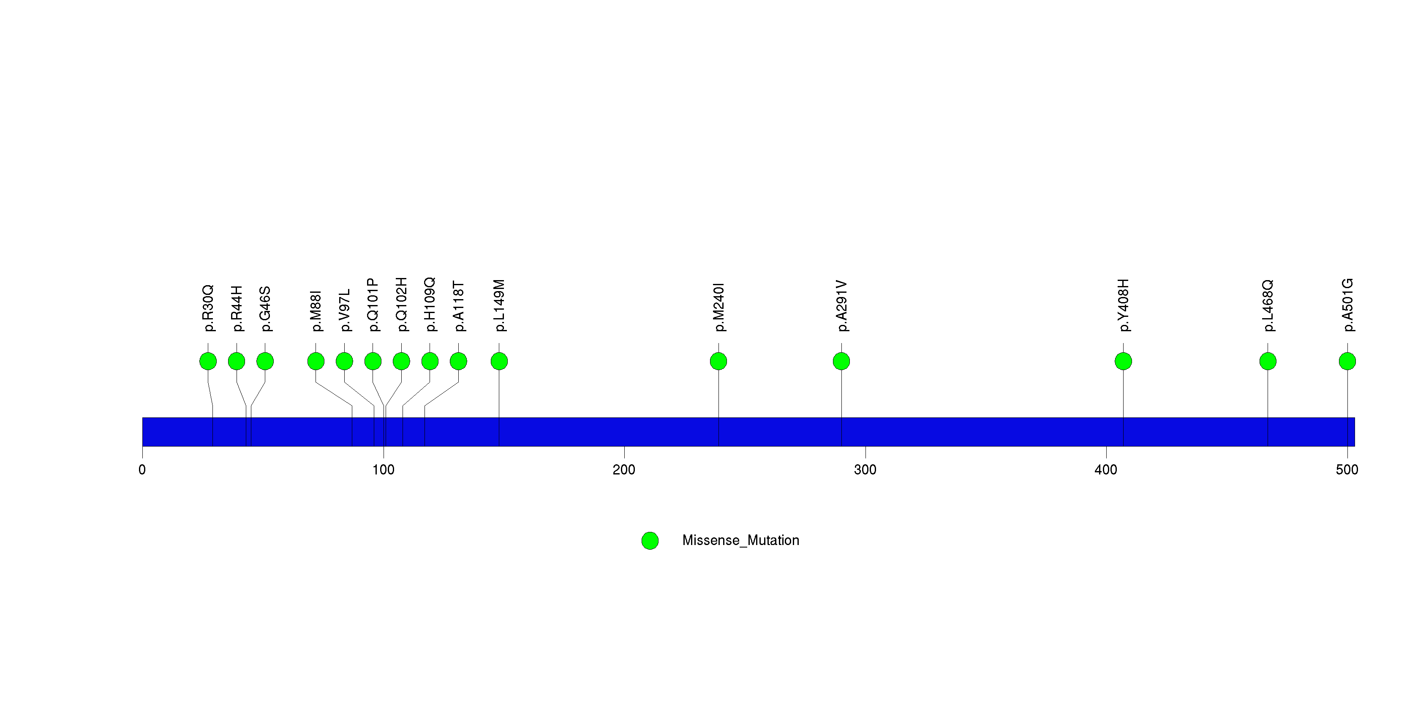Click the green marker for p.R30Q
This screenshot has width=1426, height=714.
pyautogui.click(x=208, y=361)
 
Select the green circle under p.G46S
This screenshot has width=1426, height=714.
pyautogui.click(x=265, y=361)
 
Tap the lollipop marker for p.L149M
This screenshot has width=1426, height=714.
pyautogui.click(x=499, y=361)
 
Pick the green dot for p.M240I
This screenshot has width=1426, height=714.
pyautogui.click(x=718, y=361)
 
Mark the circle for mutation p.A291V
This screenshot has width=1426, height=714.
pyautogui.click(x=841, y=361)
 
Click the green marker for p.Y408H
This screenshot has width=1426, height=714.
pyautogui.click(x=1123, y=361)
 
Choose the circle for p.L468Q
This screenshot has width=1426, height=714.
pyautogui.click(x=1268, y=361)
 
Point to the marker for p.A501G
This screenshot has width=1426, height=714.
pyautogui.click(x=1347, y=361)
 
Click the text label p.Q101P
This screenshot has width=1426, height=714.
pyautogui.click(x=373, y=305)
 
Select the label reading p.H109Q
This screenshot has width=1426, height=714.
pyautogui.click(x=430, y=305)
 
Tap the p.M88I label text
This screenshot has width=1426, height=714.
pyautogui.click(x=316, y=311)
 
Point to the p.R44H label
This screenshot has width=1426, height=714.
pyautogui.click(x=237, y=309)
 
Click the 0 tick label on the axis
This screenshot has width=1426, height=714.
pyautogui.click(x=142, y=470)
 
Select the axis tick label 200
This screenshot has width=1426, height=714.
pyautogui.click(x=624, y=470)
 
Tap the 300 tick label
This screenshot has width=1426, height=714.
pyautogui.click(x=865, y=470)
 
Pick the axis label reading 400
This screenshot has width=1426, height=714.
pyautogui.click(x=1106, y=470)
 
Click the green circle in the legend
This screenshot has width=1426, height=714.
pyautogui.click(x=650, y=541)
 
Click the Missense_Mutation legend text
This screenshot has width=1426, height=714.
pyautogui.click(x=741, y=540)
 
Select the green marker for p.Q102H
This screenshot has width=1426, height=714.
pyautogui.click(x=401, y=361)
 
